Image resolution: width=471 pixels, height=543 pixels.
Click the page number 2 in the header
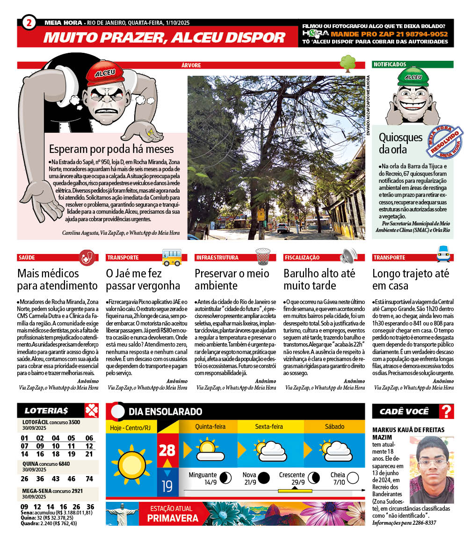coord(29,22)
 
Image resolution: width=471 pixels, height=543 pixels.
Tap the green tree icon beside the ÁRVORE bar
coord(348,63)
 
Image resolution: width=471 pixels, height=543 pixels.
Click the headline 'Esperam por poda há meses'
coord(111,149)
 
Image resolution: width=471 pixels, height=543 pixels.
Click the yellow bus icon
coord(172,257)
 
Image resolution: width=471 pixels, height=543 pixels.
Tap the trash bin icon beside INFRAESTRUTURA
coord(263,256)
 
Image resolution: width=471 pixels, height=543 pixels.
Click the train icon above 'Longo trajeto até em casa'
coord(443,254)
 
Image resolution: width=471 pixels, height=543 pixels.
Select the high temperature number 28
coord(167,450)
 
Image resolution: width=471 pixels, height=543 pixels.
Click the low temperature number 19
coord(167,487)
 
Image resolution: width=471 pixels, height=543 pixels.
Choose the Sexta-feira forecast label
coord(269,427)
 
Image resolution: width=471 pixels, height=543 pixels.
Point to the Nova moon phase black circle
coord(264,478)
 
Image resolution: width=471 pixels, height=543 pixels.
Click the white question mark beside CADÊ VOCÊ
coord(447,412)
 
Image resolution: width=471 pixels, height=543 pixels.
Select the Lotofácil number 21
coord(89,454)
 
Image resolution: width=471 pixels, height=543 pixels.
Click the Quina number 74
coord(89,478)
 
